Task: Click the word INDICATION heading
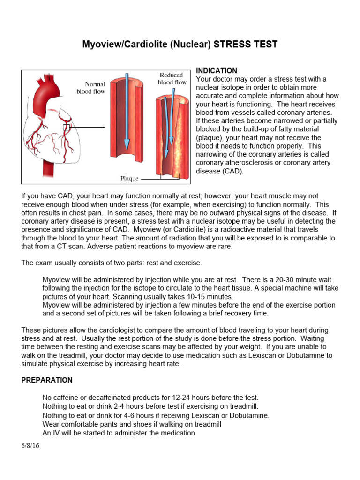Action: (216, 71)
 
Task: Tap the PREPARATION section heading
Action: (47, 380)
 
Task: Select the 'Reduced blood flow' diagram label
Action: (172, 78)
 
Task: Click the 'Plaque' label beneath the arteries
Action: (130, 179)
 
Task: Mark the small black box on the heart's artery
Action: (67, 127)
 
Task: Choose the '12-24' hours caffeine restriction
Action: (185, 397)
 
